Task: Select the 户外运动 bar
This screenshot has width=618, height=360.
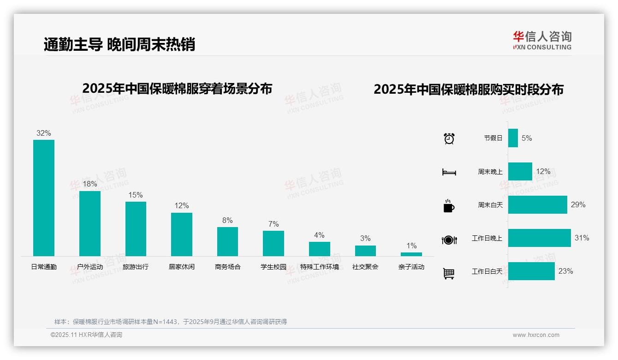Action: [90, 223]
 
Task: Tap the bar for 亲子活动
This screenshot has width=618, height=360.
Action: [411, 254]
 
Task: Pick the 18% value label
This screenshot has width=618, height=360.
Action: [89, 184]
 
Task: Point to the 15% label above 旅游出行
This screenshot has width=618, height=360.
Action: [136, 195]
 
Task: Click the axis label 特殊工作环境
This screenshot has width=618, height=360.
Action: [320, 267]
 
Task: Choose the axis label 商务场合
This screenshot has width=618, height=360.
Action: [228, 267]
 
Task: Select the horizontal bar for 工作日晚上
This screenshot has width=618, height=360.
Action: [539, 238]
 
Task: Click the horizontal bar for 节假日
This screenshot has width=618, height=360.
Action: [513, 138]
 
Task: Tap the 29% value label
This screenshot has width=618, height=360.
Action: [578, 204]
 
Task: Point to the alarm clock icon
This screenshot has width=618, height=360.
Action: [449, 138]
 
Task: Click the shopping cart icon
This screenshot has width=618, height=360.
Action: [449, 274]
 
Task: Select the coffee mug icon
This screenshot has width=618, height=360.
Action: [449, 206]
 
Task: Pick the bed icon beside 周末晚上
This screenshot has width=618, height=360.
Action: [449, 172]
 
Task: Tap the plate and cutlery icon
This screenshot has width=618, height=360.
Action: [449, 240]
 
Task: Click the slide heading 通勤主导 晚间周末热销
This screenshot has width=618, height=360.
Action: [119, 44]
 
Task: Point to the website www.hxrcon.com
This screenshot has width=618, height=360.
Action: [536, 335]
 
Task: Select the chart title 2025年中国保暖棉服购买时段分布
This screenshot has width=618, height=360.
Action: [469, 90]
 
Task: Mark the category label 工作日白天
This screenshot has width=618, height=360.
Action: [487, 271]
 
